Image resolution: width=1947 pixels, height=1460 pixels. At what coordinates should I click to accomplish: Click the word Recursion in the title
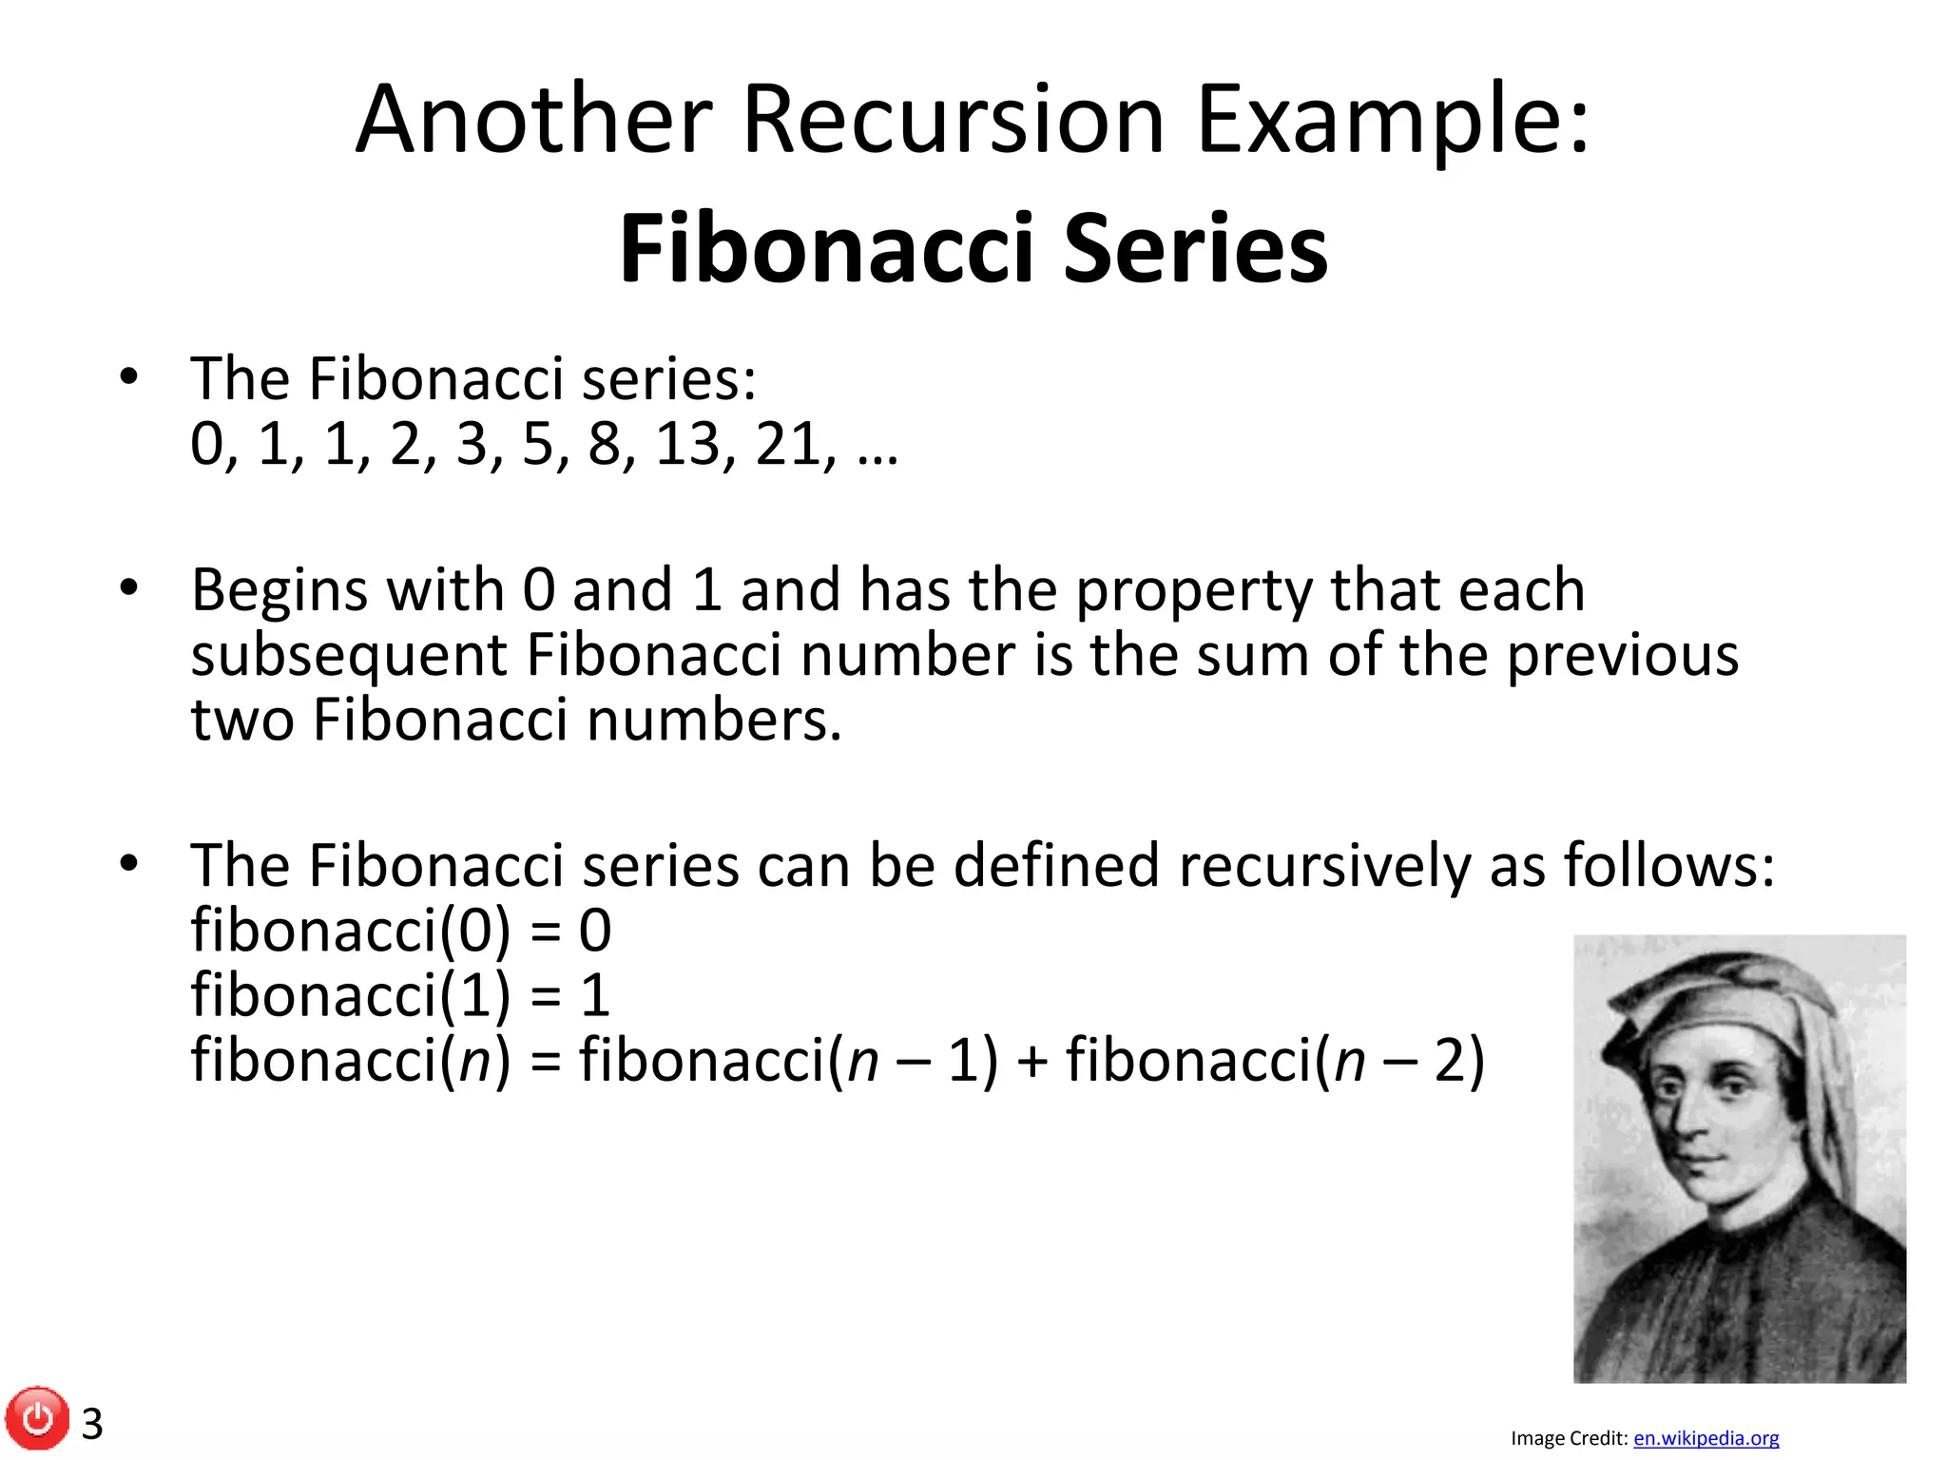[953, 121]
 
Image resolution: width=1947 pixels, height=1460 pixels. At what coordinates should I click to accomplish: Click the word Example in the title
[1393, 121]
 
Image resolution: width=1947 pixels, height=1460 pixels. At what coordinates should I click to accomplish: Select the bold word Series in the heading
[1195, 248]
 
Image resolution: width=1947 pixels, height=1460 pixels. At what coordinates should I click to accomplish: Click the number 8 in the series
[605, 444]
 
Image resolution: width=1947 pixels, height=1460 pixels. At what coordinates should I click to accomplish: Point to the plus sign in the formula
[1031, 1061]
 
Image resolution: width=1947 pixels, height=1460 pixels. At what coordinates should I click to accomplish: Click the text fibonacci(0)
[351, 931]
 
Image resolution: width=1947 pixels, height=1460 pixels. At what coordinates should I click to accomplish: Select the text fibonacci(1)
[351, 995]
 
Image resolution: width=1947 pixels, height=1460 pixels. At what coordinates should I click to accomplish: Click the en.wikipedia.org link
[1706, 1438]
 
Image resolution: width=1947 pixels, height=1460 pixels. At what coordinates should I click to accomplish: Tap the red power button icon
[37, 1419]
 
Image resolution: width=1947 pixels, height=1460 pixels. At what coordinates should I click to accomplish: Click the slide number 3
[92, 1424]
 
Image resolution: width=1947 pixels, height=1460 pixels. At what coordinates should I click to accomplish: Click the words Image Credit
[1569, 1438]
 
